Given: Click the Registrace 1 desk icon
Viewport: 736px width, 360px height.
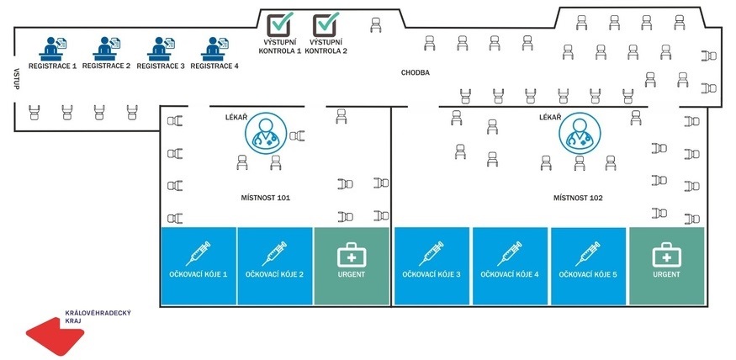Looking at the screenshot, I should click(x=53, y=47).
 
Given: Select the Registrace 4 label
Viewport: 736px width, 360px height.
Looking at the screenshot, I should click(x=214, y=66).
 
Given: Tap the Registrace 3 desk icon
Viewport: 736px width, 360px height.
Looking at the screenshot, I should click(x=161, y=47).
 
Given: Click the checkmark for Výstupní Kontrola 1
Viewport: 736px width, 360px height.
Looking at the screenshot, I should click(x=281, y=24).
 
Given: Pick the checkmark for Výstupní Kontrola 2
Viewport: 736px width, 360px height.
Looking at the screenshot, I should click(x=327, y=24).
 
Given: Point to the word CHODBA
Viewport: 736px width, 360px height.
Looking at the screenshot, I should click(x=416, y=73).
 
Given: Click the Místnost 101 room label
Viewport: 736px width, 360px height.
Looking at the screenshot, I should click(x=266, y=198).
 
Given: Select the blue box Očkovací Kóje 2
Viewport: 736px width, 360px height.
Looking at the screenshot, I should click(x=275, y=266).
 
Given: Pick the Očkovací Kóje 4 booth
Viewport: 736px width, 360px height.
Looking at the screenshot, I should click(x=511, y=266).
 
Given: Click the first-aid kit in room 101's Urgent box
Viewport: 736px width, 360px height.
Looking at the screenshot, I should click(x=351, y=254).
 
